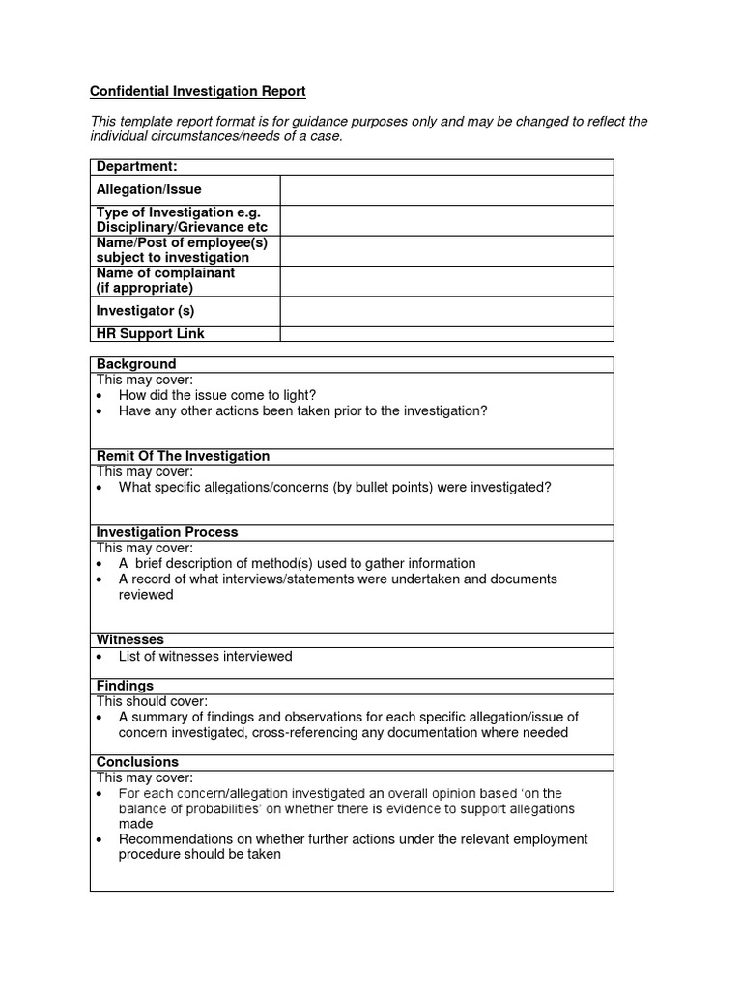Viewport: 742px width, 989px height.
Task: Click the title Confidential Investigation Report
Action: [x=197, y=92]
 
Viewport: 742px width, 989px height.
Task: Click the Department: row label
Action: [x=136, y=167]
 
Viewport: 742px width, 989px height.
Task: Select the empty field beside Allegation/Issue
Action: [x=446, y=190]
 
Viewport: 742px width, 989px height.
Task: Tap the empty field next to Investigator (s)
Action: [x=446, y=311]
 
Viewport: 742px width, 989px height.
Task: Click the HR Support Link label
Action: [x=150, y=334]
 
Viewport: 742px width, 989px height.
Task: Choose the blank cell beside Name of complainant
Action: [x=446, y=281]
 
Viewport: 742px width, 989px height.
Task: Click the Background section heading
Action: [x=136, y=364]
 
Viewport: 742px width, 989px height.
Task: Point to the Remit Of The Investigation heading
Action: [x=183, y=456]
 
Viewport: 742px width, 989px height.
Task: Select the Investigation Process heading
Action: [x=167, y=532]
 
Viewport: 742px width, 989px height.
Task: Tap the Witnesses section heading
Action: [x=130, y=639]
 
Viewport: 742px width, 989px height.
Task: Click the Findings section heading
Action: [x=126, y=686]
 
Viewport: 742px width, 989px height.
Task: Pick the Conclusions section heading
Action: [x=137, y=762]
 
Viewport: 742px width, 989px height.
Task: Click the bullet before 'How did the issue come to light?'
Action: [x=101, y=396]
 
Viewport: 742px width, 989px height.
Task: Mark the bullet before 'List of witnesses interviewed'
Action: [x=101, y=658]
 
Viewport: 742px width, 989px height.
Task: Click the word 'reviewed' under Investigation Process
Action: [x=146, y=595]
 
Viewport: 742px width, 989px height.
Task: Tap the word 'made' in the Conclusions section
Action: [x=135, y=824]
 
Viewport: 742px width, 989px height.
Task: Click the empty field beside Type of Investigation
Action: [x=446, y=220]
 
